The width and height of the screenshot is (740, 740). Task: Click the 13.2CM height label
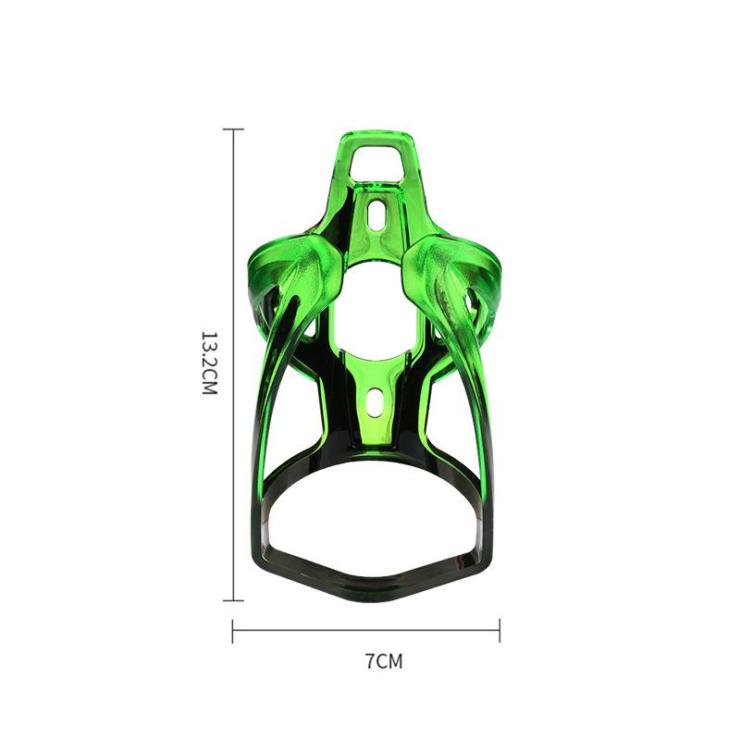tap(209, 364)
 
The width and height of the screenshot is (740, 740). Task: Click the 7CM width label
tap(384, 661)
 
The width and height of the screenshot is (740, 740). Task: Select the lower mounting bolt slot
tap(375, 401)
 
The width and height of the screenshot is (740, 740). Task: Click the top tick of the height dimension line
tap(234, 129)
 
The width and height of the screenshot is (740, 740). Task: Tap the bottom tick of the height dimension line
tap(234, 600)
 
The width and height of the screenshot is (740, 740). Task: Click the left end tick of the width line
tap(233, 631)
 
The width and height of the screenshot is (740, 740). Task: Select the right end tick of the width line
tap(499, 631)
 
